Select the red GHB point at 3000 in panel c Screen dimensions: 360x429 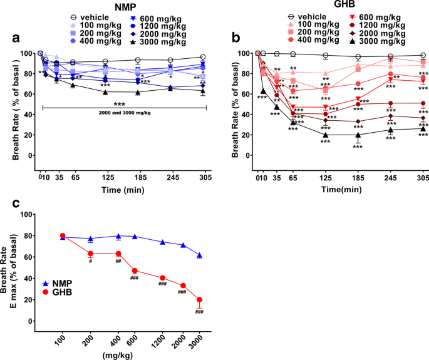coord(200,299)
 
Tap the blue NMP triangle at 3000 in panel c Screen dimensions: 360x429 coord(200,255)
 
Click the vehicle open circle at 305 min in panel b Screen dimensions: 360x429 coord(423,56)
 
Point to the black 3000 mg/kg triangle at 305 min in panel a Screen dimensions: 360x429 coord(202,91)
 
